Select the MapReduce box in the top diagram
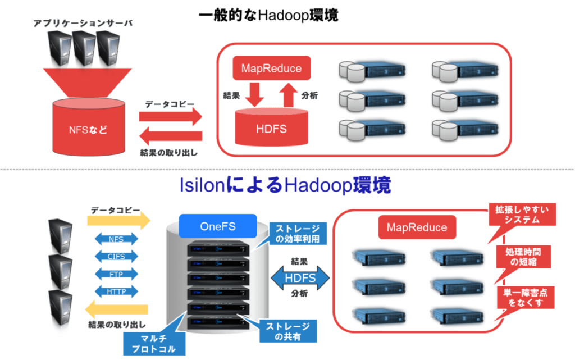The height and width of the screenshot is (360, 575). click(271, 69)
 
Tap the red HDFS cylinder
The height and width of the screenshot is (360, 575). click(271, 127)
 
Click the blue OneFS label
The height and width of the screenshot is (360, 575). click(216, 227)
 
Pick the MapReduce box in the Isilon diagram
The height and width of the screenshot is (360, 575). click(417, 227)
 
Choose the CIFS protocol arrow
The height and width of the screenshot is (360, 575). click(116, 257)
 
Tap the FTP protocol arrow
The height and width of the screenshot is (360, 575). click(116, 274)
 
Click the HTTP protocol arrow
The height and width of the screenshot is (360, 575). click(116, 291)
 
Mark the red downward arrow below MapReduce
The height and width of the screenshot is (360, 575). click(255, 94)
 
